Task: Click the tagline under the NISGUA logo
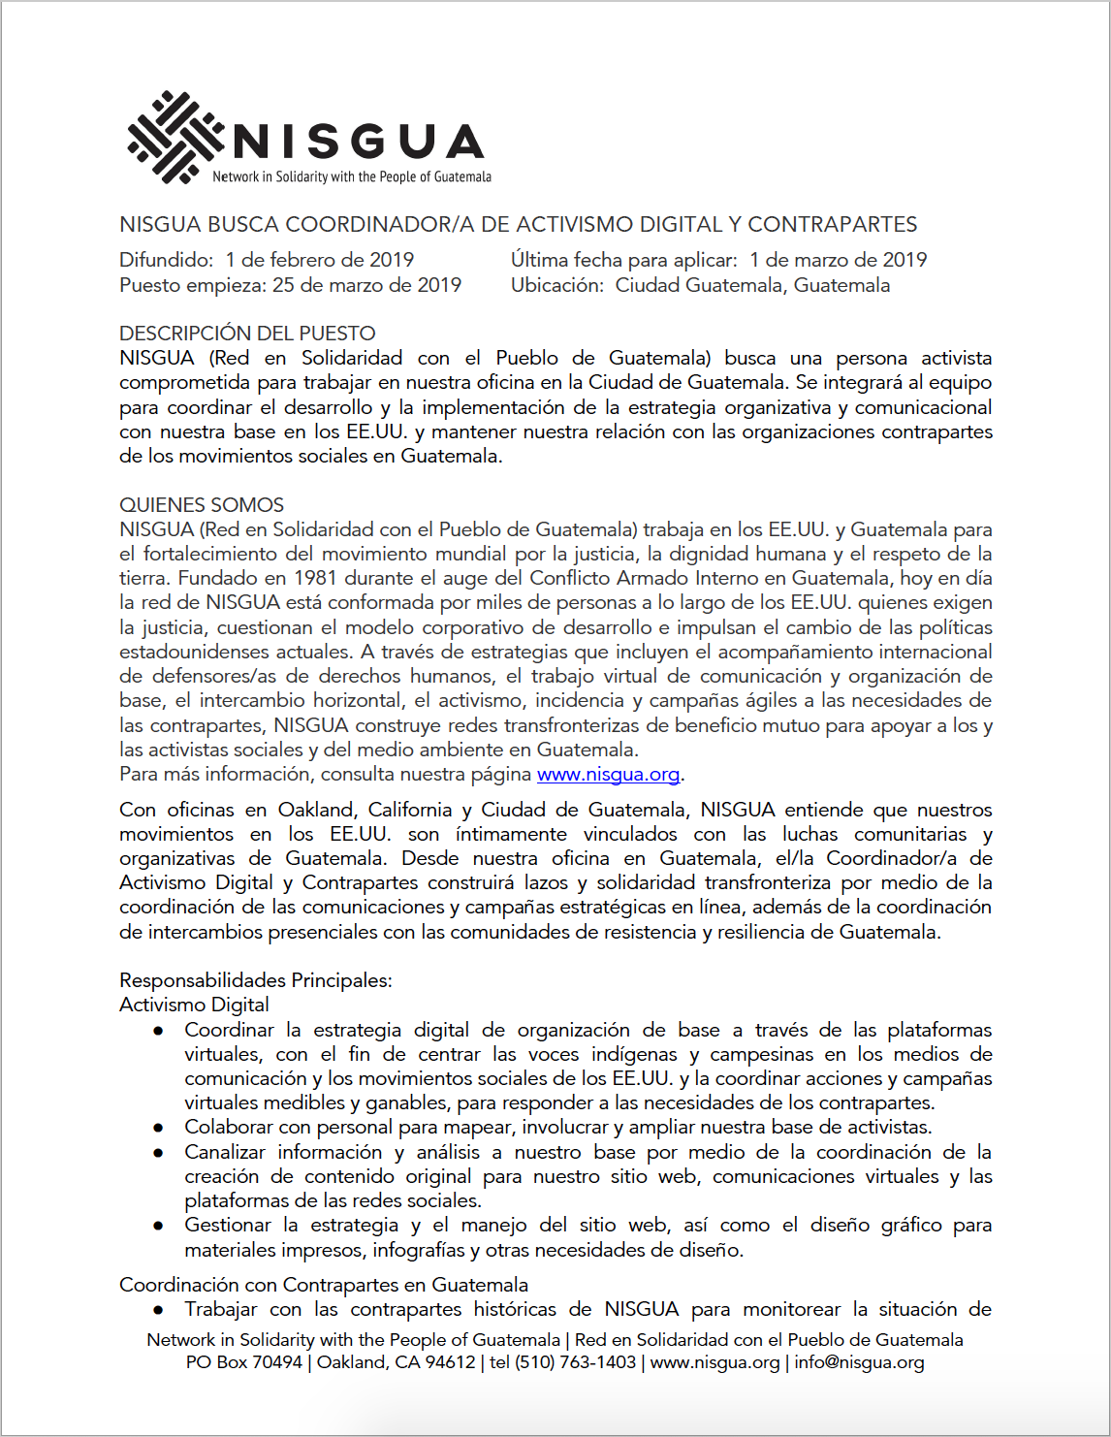(x=352, y=176)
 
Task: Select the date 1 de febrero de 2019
(x=320, y=260)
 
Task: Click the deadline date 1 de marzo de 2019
(x=839, y=260)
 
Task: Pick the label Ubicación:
(x=557, y=285)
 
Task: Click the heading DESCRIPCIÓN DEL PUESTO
(x=247, y=333)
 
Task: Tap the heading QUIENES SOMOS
(x=202, y=505)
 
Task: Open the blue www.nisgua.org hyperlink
(x=608, y=774)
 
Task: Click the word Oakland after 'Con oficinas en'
(x=316, y=810)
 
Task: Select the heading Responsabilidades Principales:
(x=256, y=980)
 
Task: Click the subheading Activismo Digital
(x=194, y=1005)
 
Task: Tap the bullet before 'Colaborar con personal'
(x=158, y=1128)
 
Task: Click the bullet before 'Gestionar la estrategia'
(x=158, y=1226)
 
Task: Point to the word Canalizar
(x=225, y=1152)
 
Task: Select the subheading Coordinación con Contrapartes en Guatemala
(x=324, y=1285)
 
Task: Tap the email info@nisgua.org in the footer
(x=859, y=1362)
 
